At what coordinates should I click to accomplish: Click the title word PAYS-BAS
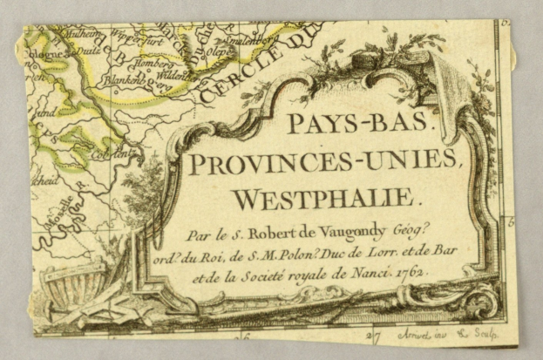point(357,123)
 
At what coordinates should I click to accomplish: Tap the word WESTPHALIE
point(326,199)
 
